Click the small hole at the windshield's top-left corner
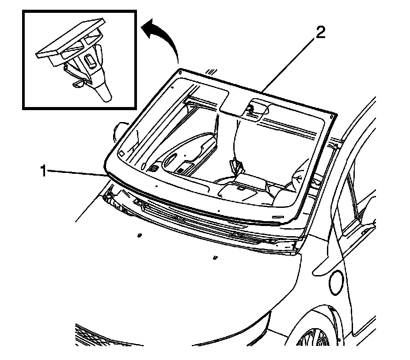point(179,71)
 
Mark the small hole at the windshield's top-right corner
point(332,115)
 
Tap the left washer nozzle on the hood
point(139,235)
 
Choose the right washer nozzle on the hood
point(215,257)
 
